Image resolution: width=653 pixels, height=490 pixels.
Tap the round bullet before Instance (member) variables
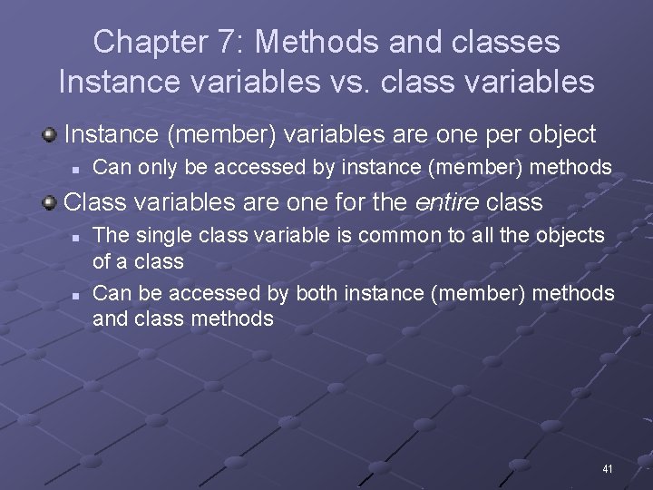point(50,135)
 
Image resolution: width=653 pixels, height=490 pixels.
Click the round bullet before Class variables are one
point(50,201)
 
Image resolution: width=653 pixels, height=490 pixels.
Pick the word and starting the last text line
point(109,318)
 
